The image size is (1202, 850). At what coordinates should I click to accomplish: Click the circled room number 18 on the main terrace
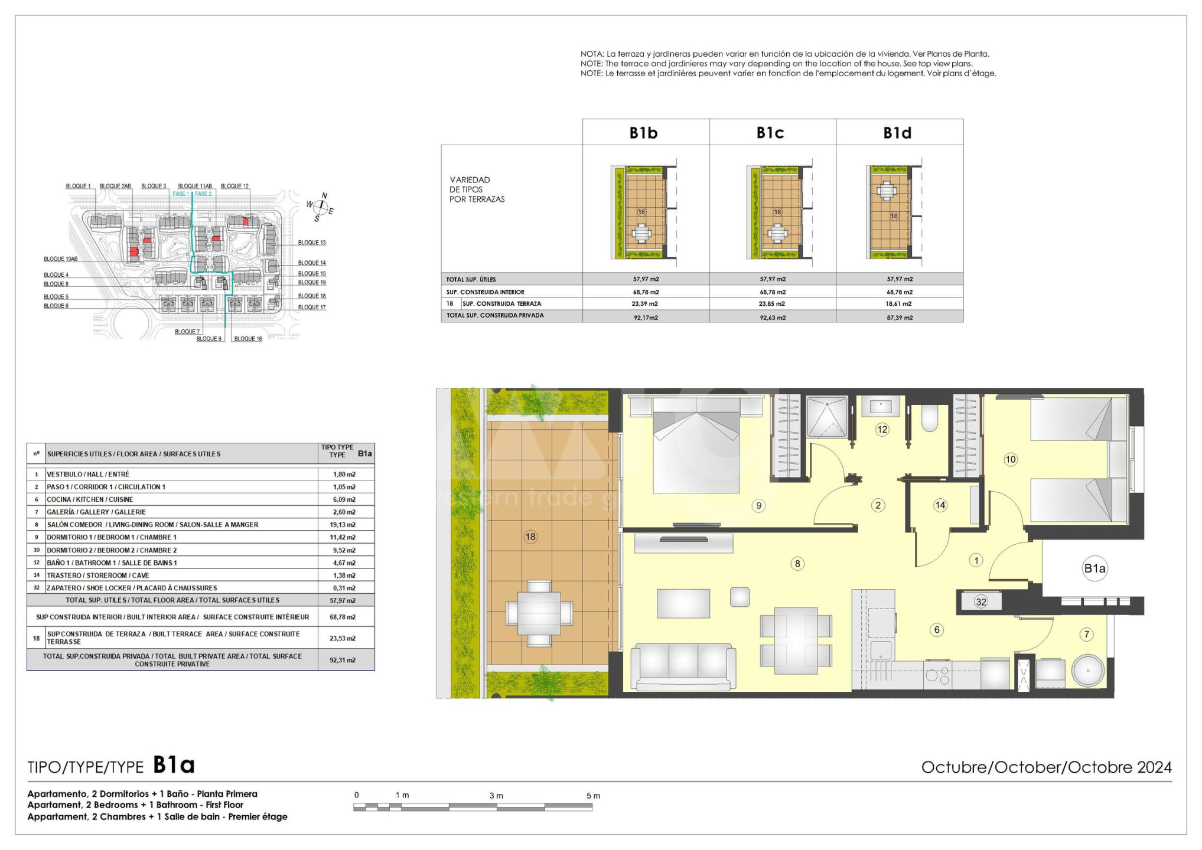530,537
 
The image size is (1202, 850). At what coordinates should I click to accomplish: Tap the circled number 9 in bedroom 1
759,505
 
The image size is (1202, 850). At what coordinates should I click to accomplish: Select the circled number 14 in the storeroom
940,505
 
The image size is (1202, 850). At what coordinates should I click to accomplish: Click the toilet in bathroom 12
930,418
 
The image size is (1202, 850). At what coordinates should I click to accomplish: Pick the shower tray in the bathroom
828,417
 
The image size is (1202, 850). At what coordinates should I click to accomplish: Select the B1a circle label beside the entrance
1094,568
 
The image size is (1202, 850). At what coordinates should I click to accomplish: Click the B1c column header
770,133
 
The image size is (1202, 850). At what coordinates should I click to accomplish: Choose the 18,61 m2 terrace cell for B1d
899,304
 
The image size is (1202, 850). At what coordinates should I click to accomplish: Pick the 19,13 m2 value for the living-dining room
343,525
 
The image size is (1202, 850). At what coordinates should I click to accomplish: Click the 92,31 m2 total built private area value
343,661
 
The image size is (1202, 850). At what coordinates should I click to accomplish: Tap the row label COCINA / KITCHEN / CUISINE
90,499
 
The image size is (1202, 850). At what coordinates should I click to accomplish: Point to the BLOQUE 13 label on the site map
312,243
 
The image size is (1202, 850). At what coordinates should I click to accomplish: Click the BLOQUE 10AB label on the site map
61,259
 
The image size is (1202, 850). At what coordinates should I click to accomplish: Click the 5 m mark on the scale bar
593,796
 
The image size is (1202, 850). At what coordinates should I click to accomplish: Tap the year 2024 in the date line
1155,767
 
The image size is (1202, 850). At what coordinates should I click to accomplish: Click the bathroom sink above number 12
880,407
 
